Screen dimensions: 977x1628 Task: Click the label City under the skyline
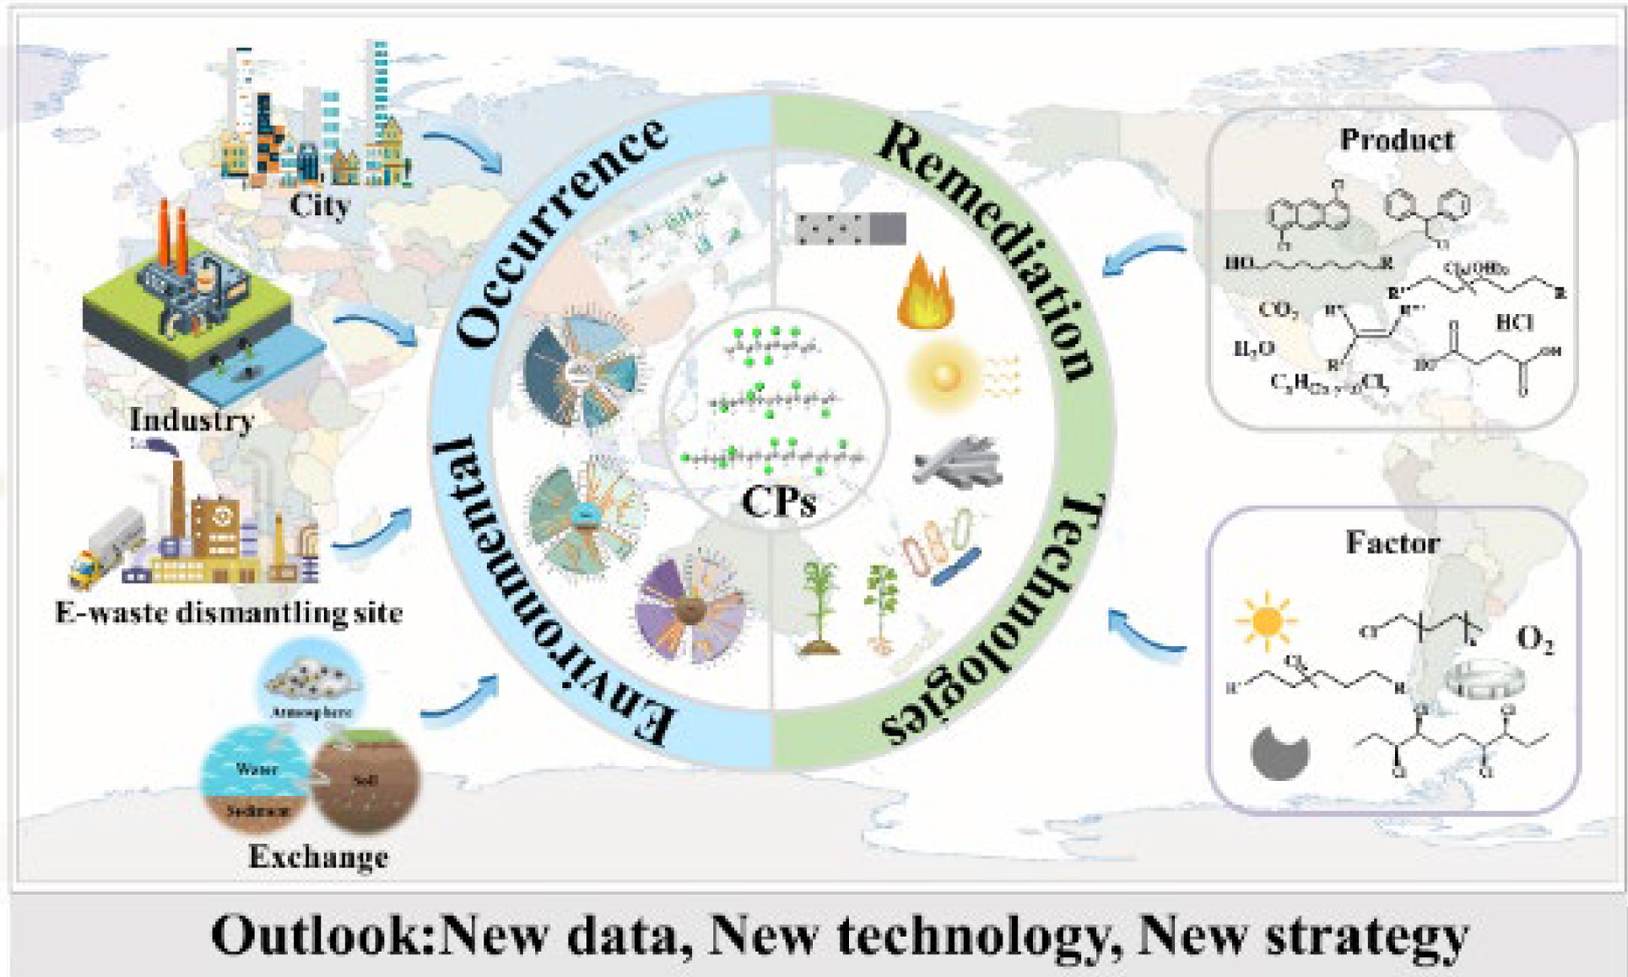pos(319,205)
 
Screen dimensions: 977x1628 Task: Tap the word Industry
pos(192,420)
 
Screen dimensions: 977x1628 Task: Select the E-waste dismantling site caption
pos(229,612)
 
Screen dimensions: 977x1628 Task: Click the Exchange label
pos(318,857)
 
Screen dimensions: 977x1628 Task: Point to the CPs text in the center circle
pos(778,501)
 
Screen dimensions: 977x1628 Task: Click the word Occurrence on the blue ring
pos(559,232)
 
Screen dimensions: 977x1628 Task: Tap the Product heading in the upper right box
pos(1397,139)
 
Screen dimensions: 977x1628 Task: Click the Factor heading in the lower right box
pos(1393,542)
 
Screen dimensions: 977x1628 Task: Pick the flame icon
pos(927,291)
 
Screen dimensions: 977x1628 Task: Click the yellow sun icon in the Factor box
pos(1266,621)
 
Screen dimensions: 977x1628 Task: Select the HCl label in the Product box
pos(1515,322)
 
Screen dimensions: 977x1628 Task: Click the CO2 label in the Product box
pos(1279,309)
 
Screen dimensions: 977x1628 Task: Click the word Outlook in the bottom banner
pos(322,934)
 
